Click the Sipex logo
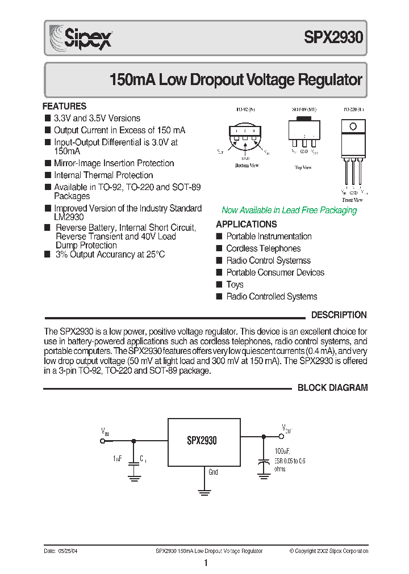point(81,39)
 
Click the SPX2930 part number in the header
point(333,38)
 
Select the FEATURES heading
point(65,106)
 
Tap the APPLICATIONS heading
point(246,224)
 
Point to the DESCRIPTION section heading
point(339,315)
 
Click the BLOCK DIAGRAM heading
point(332,388)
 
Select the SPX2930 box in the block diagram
point(204,442)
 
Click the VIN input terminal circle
point(103,441)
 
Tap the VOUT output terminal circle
point(281,437)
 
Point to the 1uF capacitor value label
point(117,458)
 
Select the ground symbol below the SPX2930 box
point(204,491)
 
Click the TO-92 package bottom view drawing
point(246,136)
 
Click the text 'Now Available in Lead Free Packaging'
point(289,210)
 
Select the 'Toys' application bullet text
point(235,285)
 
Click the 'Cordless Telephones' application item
point(263,248)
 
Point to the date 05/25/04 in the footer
point(66,551)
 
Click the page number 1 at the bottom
point(205,563)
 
